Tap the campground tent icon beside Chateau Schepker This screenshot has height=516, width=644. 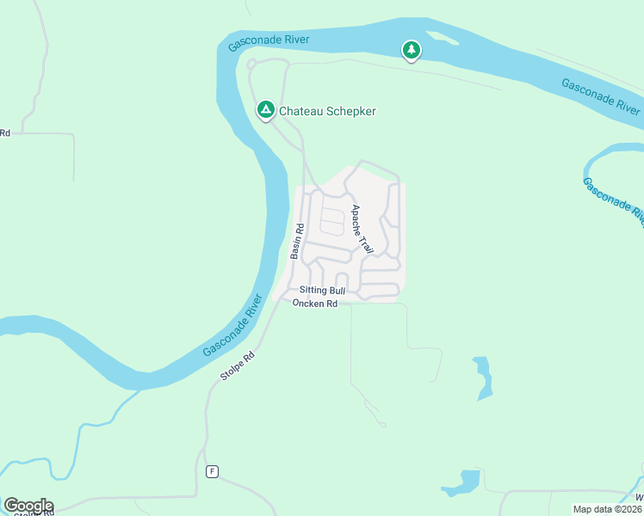pyautogui.click(x=266, y=109)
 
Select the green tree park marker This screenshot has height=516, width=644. pyautogui.click(x=412, y=51)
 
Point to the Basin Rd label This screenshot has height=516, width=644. pyautogui.click(x=297, y=242)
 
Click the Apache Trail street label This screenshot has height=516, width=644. pyautogui.click(x=362, y=230)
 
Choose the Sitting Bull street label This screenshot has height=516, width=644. pyautogui.click(x=322, y=292)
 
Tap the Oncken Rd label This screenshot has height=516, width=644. pyautogui.click(x=314, y=304)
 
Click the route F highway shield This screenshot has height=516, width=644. pyautogui.click(x=212, y=471)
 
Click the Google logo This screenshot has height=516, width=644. pyautogui.click(x=28, y=506)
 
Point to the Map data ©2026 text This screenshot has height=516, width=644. pyautogui.click(x=607, y=509)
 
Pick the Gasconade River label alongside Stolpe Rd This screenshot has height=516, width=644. pyautogui.click(x=232, y=327)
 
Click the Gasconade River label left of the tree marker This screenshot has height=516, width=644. pyautogui.click(x=269, y=41)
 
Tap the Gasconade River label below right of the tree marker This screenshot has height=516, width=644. pyautogui.click(x=600, y=96)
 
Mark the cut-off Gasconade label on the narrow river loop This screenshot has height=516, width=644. pyautogui.click(x=613, y=203)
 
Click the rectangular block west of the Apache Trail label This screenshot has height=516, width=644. pyautogui.click(x=332, y=221)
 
